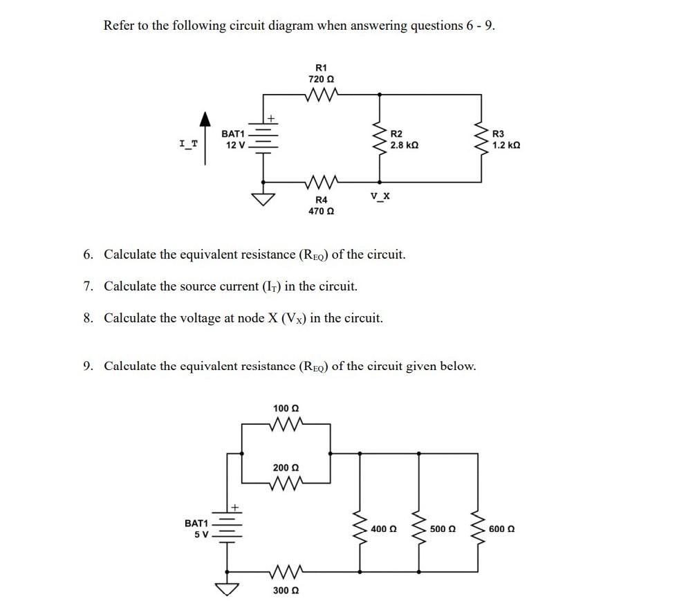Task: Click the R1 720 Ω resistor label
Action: (321, 74)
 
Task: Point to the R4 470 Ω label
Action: (321, 205)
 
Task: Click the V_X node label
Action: (380, 196)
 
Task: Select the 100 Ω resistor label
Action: (286, 409)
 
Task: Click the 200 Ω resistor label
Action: (286, 468)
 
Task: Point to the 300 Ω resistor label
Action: (286, 591)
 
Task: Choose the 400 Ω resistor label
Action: (383, 529)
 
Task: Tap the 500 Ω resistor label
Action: (442, 529)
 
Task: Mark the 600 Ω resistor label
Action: (501, 529)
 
